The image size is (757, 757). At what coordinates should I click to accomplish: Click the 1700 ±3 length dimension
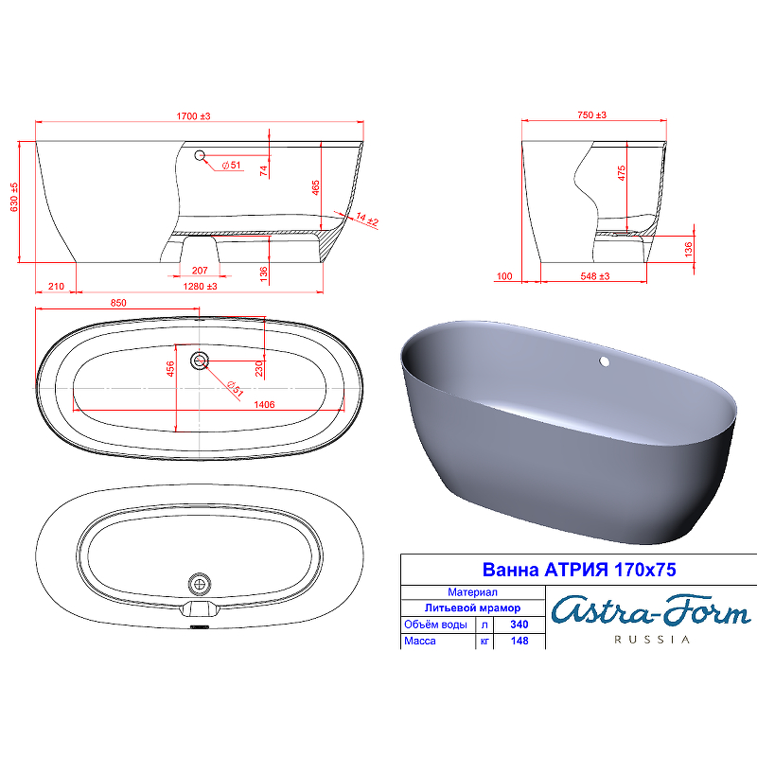point(193,116)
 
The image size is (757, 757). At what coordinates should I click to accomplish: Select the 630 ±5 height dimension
point(14,197)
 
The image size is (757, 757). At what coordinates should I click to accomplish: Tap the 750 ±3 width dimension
point(592,114)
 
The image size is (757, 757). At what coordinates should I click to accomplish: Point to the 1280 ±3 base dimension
point(200,287)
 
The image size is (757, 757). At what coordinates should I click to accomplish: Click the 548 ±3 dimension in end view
point(595,276)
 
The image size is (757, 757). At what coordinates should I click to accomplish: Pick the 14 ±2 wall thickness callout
point(367,220)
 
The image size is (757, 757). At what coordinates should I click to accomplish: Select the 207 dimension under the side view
point(200,271)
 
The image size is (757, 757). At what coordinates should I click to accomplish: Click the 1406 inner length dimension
point(264,405)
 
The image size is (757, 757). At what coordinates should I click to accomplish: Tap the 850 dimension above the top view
point(118,303)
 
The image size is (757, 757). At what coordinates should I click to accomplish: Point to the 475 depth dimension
point(622,173)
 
